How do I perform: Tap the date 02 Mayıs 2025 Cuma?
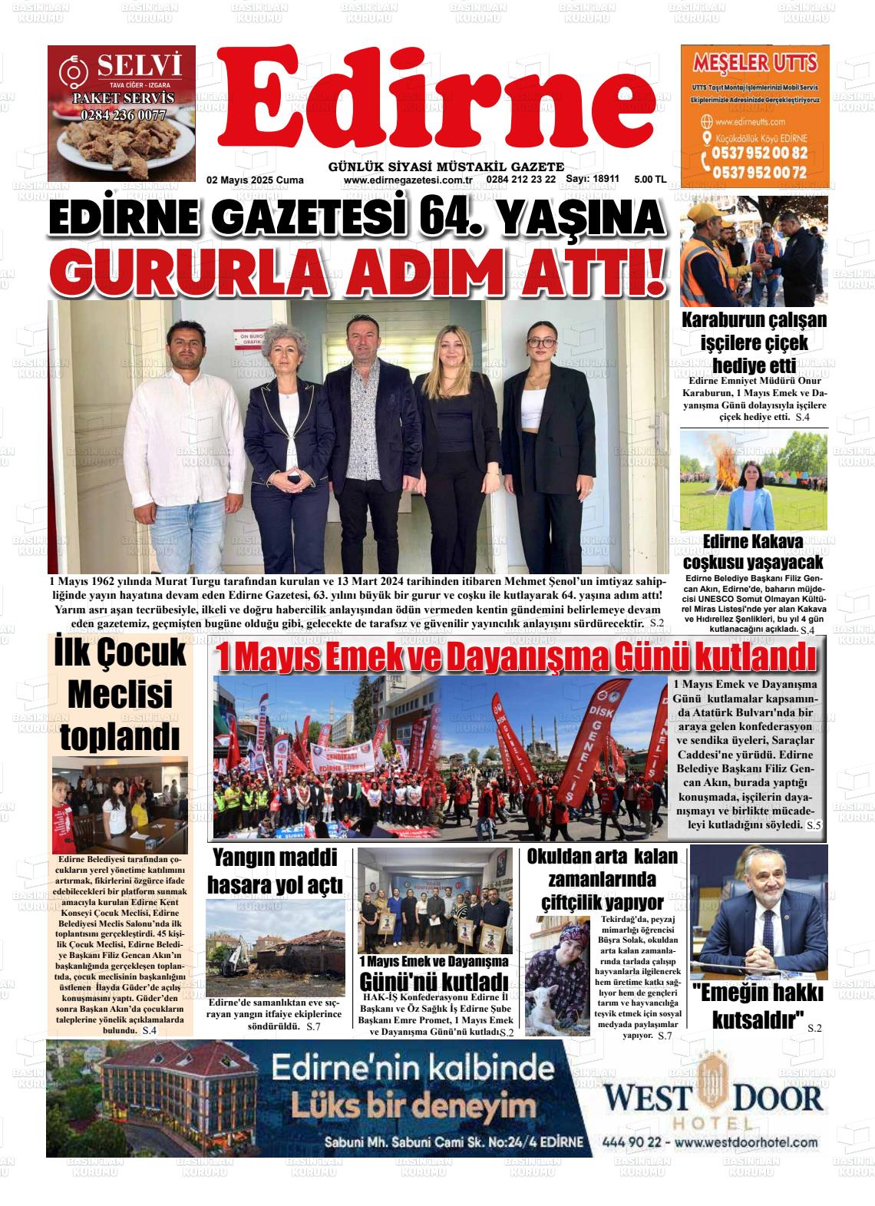pyautogui.click(x=255, y=180)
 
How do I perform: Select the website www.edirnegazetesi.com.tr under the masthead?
pyautogui.click(x=408, y=180)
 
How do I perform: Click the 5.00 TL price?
pyautogui.click(x=650, y=180)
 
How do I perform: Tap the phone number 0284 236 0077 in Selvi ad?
pyautogui.click(x=122, y=115)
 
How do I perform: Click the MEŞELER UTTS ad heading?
pyautogui.click(x=754, y=62)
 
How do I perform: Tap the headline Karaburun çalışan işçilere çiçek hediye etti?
pyautogui.click(x=754, y=342)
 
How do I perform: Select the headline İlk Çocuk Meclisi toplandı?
pyautogui.click(x=120, y=695)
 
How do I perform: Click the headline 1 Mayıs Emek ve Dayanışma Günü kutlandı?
pyautogui.click(x=516, y=659)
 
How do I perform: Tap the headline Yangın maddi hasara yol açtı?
pyautogui.click(x=275, y=871)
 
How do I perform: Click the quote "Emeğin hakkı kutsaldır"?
pyautogui.click(x=758, y=1006)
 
